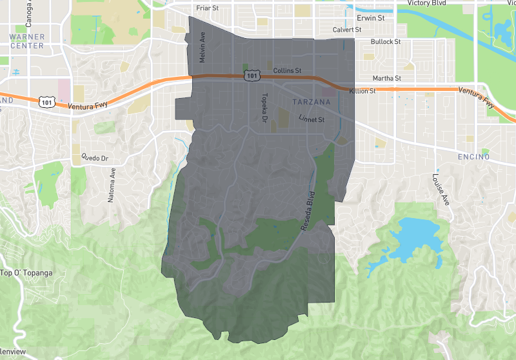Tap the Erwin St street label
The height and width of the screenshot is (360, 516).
tap(371, 18)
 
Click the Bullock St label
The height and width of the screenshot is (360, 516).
tap(386, 42)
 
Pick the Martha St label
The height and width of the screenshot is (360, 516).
tap(387, 79)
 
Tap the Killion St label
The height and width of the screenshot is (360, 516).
tap(362, 92)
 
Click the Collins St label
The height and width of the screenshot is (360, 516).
tap(288, 70)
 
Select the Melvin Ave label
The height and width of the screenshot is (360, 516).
tap(202, 49)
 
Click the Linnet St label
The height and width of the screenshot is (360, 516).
tap(311, 119)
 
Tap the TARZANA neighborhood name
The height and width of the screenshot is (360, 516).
tap(311, 103)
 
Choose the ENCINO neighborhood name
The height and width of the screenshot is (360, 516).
tap(473, 157)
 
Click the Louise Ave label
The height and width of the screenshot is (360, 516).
tap(441, 190)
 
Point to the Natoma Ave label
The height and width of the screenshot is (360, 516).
tap(112, 185)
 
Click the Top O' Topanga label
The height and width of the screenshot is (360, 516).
tap(26, 273)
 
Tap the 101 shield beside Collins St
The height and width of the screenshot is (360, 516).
tap(251, 76)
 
